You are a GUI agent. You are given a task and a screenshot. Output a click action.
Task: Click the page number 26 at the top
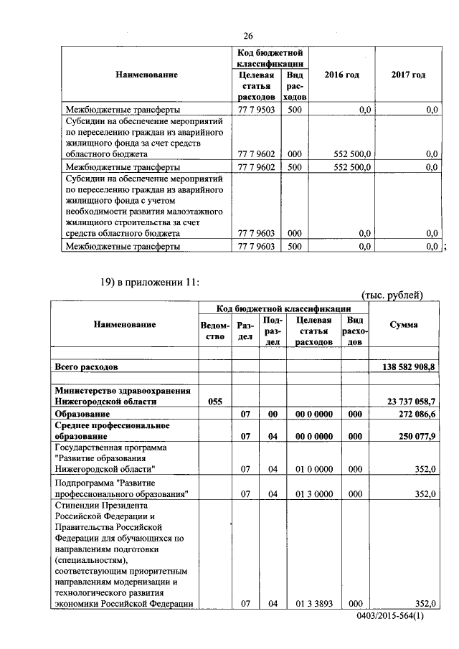click(248, 37)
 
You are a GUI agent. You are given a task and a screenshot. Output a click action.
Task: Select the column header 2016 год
click(341, 75)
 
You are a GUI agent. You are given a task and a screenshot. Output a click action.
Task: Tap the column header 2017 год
click(408, 75)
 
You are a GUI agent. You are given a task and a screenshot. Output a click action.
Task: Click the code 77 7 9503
click(255, 110)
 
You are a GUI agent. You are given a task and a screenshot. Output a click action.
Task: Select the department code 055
click(214, 402)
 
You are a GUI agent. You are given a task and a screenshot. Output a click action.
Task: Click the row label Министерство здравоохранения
click(123, 391)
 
